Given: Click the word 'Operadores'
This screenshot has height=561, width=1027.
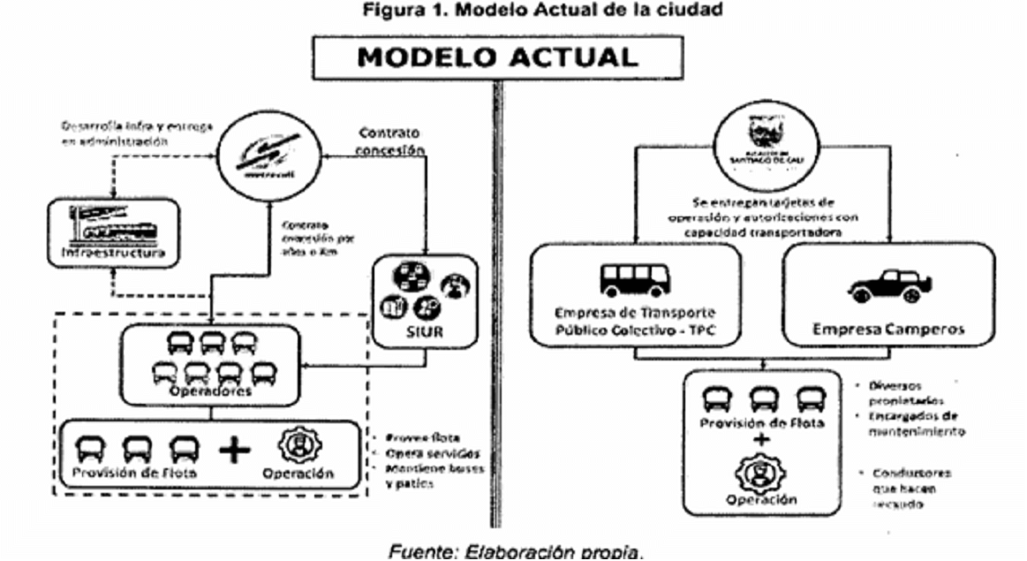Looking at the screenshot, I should pos(212,390).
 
